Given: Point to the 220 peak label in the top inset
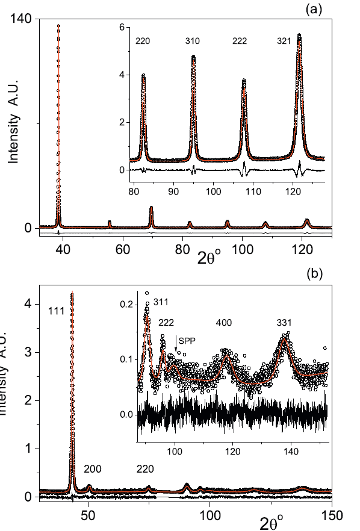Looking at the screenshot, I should (x=142, y=42).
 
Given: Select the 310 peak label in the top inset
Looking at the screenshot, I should (x=193, y=42).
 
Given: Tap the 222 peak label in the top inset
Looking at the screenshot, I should (x=243, y=42).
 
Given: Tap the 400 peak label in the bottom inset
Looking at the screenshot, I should (x=225, y=323).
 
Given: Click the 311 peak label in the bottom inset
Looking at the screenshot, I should (x=161, y=301).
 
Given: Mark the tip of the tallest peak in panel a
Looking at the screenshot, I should (x=58, y=25).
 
